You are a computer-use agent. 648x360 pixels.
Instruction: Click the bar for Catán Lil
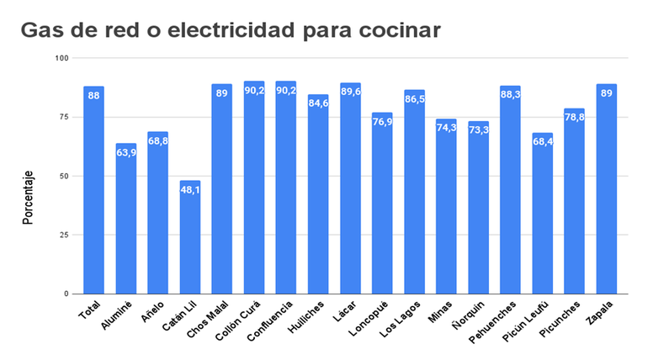pos(190,237)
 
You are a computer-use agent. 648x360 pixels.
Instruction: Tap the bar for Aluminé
pos(126,219)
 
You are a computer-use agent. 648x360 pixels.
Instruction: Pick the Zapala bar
pos(607,189)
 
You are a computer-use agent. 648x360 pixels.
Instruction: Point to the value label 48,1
pos(190,189)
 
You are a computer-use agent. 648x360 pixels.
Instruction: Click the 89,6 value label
pos(350,93)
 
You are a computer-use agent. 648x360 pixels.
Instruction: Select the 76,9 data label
pos(382,122)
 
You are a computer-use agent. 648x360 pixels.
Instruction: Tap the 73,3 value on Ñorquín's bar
pos(479,130)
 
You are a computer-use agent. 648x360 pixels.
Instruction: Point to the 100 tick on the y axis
pos(62,58)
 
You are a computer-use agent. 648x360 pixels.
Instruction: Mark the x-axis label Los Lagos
pos(402,318)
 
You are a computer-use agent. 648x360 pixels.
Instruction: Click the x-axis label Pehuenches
pos(497,320)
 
